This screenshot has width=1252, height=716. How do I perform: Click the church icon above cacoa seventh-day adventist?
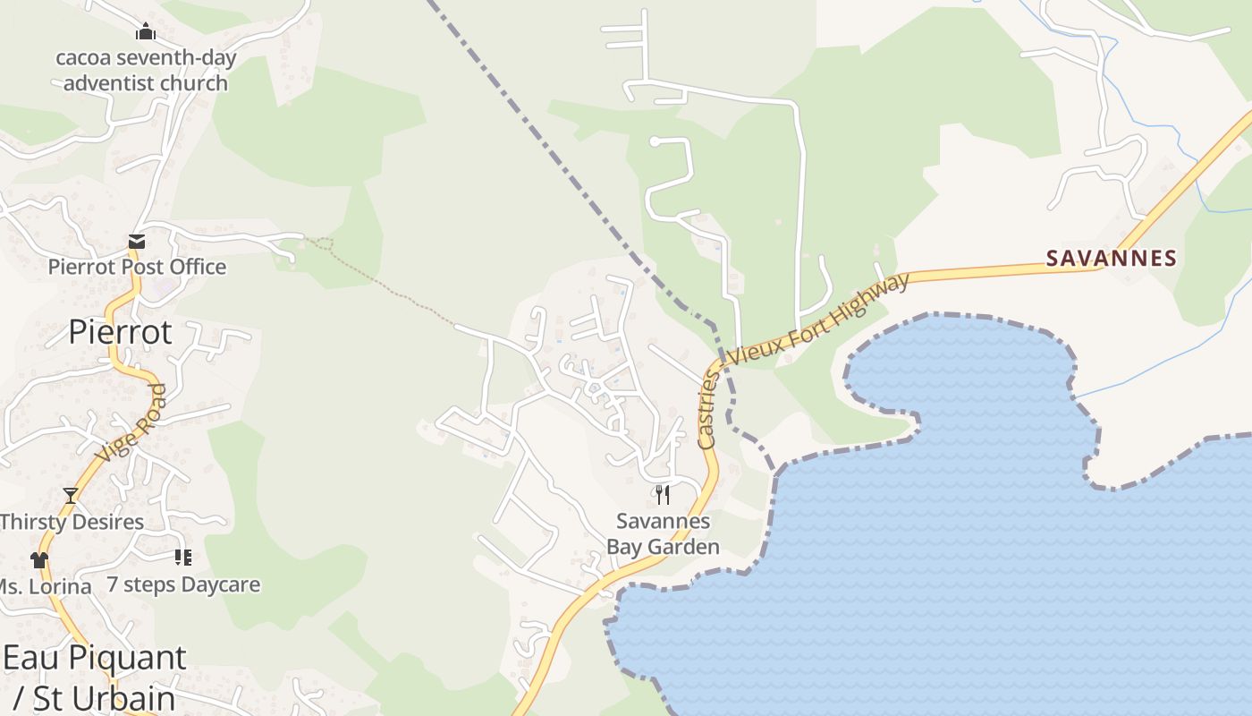146,32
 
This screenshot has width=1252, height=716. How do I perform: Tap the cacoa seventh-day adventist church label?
146,71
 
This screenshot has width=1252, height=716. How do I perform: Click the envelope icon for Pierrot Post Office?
137,241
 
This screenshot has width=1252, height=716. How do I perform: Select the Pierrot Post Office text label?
137,267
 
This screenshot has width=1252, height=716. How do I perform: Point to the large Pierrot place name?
120,332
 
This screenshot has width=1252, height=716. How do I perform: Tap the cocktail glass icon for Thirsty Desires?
70,495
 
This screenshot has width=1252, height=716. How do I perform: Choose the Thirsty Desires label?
72,522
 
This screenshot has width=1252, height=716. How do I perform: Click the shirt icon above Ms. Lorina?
38,560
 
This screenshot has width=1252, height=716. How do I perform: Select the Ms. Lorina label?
45,587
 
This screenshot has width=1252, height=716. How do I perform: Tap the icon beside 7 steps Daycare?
183,558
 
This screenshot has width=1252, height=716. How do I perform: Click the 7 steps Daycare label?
183,584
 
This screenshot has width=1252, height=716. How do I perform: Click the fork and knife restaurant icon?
663,494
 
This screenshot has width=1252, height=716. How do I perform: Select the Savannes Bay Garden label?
663,533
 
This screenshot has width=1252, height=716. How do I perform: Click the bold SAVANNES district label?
1111,259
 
